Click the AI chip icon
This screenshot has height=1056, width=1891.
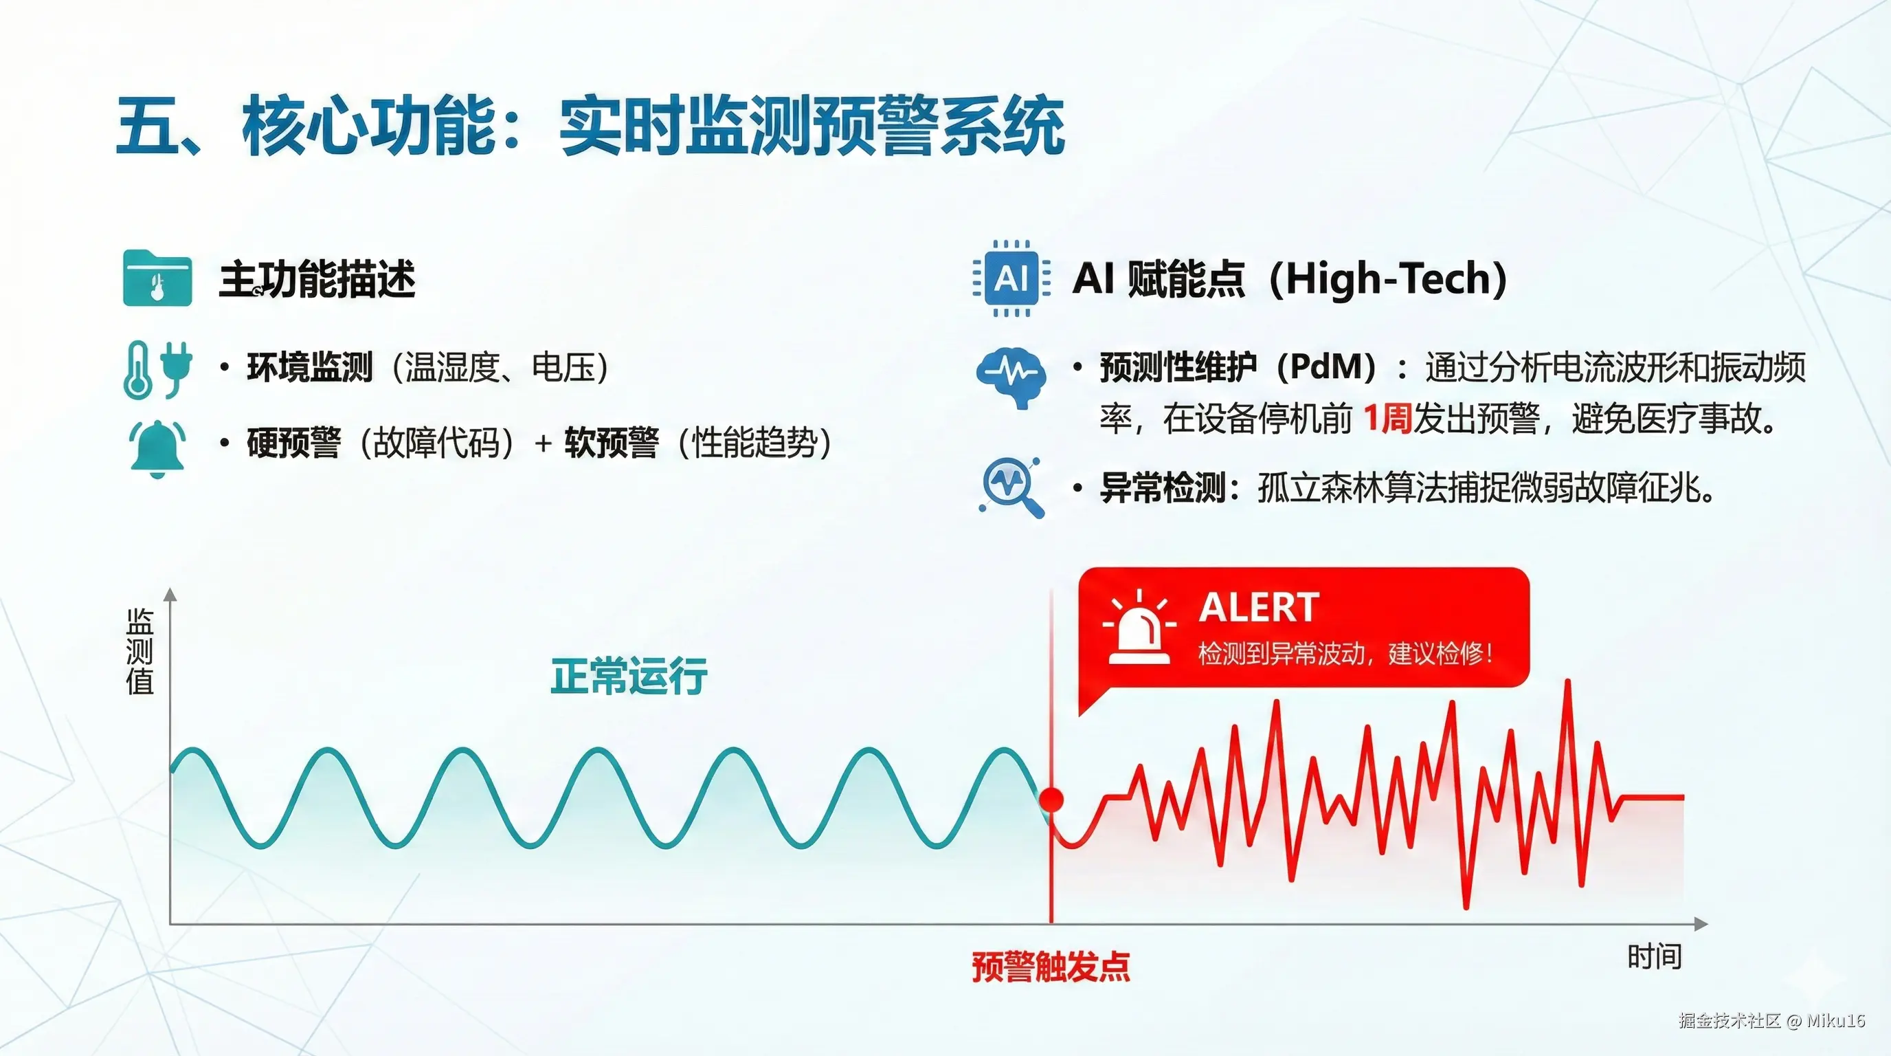[1011, 278]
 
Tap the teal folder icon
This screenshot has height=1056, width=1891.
[157, 278]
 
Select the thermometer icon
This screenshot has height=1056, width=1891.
[138, 370]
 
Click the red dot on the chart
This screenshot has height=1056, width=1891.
[1051, 799]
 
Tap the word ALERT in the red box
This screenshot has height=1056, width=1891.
[1259, 607]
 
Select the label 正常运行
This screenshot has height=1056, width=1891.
[629, 676]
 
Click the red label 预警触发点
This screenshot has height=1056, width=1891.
[1051, 967]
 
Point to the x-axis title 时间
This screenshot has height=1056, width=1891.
[1655, 957]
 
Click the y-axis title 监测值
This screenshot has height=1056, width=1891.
[139, 651]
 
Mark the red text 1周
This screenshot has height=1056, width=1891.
[1387, 419]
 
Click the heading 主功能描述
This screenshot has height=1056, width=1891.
[317, 279]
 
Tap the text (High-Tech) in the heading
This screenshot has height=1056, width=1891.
[1388, 279]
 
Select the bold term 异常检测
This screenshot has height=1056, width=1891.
[1162, 487]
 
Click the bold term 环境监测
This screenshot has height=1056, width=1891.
[310, 367]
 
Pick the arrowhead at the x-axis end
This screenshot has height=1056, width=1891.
[1701, 923]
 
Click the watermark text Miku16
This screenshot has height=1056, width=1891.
[1836, 1020]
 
